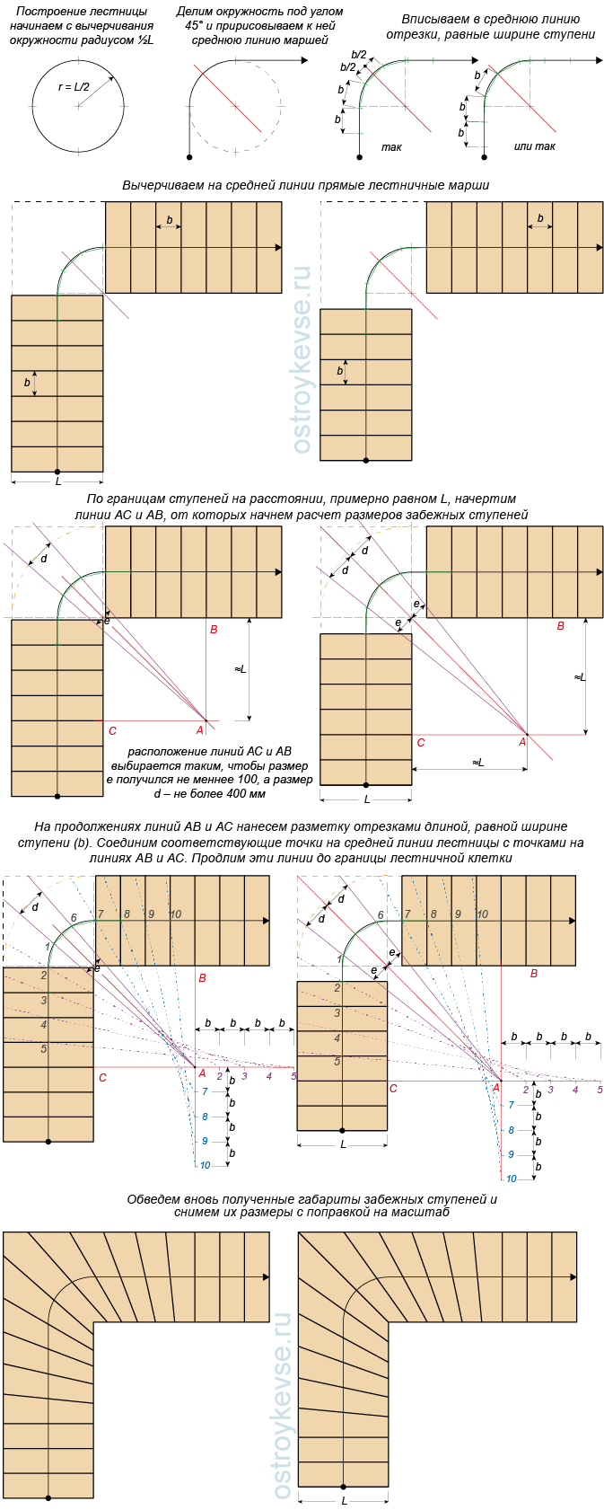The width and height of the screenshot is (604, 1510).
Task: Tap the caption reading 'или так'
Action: tap(534, 146)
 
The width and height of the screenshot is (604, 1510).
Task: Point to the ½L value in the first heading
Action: tap(146, 40)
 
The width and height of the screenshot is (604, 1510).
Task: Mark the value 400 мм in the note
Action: tap(241, 794)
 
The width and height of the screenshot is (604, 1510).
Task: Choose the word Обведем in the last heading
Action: tap(153, 1199)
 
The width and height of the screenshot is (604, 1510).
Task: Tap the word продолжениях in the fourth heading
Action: tap(98, 826)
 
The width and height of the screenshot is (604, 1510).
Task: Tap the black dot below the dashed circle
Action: tap(189, 157)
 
